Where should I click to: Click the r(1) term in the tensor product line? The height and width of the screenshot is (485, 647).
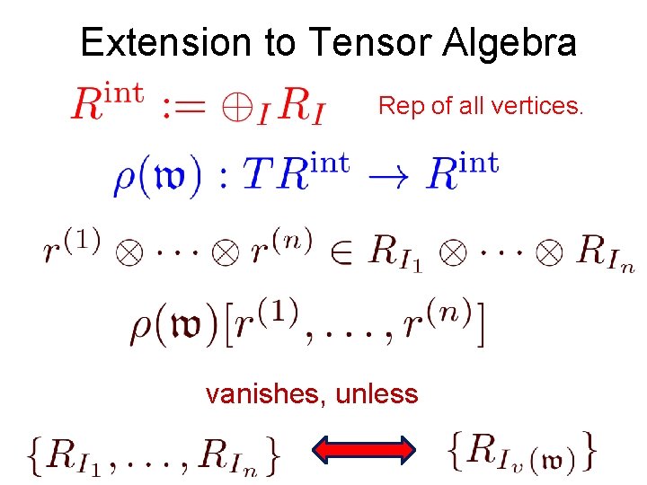click(70, 246)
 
